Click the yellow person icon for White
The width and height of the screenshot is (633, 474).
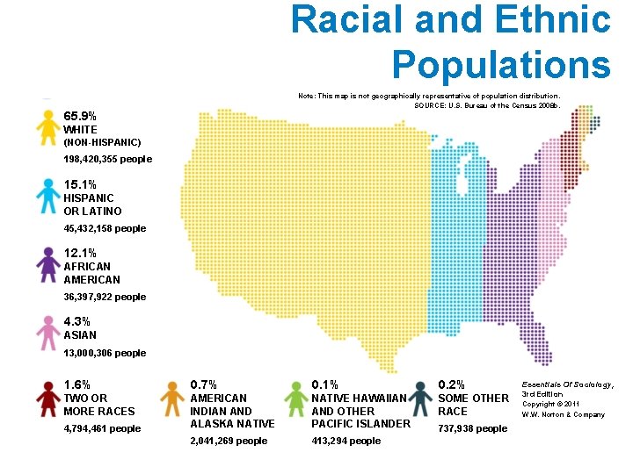tap(47, 128)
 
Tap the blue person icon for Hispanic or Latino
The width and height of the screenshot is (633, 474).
tap(47, 197)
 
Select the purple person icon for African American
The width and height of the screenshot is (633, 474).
tap(47, 265)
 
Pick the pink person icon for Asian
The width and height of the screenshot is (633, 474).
tap(47, 333)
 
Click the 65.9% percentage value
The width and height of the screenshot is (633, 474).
tap(81, 116)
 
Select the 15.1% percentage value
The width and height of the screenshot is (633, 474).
tap(81, 184)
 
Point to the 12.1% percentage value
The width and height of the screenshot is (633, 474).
tap(81, 253)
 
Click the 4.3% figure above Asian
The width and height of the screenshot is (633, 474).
tap(77, 321)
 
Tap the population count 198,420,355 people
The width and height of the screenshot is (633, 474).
tap(107, 160)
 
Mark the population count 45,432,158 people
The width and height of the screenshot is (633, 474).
tap(105, 228)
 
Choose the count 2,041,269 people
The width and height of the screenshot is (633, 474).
tap(229, 441)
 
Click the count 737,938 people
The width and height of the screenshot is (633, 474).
tap(472, 428)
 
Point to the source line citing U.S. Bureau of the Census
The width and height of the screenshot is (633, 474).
tap(486, 105)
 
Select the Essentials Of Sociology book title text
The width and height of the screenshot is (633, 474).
tap(568, 384)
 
